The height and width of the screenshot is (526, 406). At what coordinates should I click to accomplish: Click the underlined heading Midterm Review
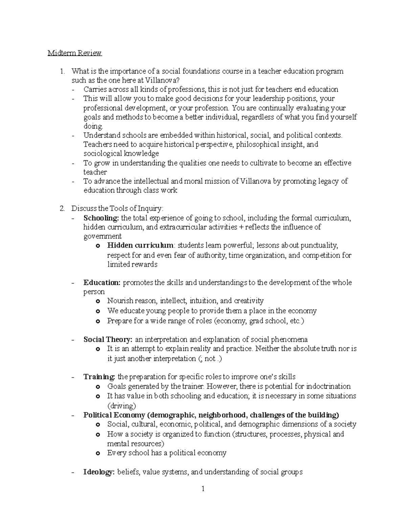pyautogui.click(x=74, y=53)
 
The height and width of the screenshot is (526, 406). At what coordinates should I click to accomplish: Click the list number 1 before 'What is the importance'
pyautogui.click(x=62, y=71)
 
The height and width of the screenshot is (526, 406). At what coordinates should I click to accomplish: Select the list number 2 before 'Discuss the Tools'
pyautogui.click(x=62, y=208)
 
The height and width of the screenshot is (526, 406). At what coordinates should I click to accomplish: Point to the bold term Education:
pyautogui.click(x=102, y=282)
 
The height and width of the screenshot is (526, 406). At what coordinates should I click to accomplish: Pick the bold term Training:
pyautogui.click(x=99, y=377)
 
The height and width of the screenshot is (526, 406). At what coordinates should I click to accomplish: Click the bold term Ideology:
pyautogui.click(x=99, y=472)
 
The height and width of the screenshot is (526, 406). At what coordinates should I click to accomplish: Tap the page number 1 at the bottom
pyautogui.click(x=203, y=489)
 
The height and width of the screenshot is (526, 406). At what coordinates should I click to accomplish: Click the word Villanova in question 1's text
pyautogui.click(x=160, y=80)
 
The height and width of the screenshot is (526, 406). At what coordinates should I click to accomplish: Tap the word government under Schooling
pyautogui.click(x=103, y=236)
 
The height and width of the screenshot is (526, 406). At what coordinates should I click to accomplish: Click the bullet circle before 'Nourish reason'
pyautogui.click(x=98, y=301)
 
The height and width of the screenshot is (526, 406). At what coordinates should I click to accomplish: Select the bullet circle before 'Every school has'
pyautogui.click(x=98, y=453)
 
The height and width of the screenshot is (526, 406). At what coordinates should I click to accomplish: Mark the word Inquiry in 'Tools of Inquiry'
pyautogui.click(x=151, y=208)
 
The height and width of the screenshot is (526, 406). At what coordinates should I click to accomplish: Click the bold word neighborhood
pyautogui.click(x=222, y=415)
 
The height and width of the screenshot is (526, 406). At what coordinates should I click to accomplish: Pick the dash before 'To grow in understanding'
pyautogui.click(x=73, y=163)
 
